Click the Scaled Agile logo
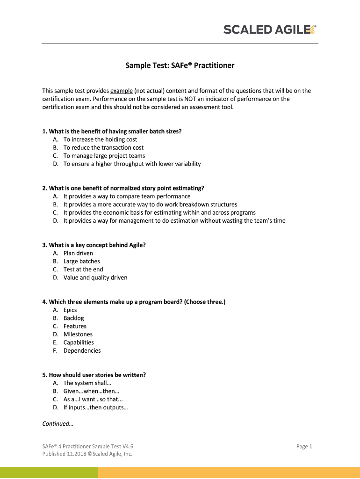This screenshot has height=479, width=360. coord(270,30)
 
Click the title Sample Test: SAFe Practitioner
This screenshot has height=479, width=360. coord(180,65)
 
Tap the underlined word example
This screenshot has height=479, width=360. coord(122,91)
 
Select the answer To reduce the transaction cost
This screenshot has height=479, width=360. coord(103,147)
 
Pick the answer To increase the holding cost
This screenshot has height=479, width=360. coord(100,139)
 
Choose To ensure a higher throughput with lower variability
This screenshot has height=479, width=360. coord(132,164)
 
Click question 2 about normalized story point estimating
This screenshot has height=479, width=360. coord(123,188)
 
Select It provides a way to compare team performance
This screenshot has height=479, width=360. coord(127,196)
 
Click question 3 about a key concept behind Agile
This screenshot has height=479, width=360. coord(94,245)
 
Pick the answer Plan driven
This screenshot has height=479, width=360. coord(78,253)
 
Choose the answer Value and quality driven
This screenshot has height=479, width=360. coord(95,277)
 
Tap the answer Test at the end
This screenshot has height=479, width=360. coord(83,269)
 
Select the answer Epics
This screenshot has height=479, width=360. coord(70,310)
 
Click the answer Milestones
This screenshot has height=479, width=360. coord(78,334)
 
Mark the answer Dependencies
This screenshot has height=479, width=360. coord(82,350)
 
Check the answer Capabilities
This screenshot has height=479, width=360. coord(79,342)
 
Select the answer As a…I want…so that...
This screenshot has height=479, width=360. coord(93,399)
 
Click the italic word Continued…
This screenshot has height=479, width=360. coord(58,424)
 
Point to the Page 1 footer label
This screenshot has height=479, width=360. coord(304,446)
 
